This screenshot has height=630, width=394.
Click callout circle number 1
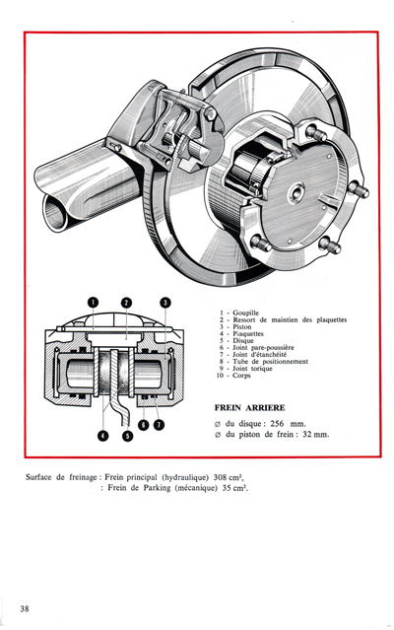[x=91, y=302]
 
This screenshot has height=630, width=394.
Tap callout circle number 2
[x=126, y=302]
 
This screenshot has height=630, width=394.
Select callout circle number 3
[x=164, y=302]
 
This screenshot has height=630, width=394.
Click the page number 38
[x=36, y=607]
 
